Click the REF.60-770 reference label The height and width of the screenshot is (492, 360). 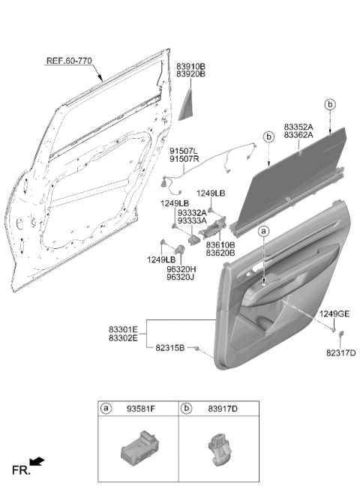click(x=69, y=61)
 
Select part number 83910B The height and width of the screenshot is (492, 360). click(x=190, y=66)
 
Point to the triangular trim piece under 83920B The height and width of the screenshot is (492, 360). click(x=186, y=104)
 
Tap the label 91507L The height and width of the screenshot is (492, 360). click(x=184, y=151)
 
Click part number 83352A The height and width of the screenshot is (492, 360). click(x=298, y=127)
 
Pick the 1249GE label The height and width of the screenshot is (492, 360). click(x=334, y=313)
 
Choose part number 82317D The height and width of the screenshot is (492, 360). click(x=340, y=353)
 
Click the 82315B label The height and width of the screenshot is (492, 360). click(x=170, y=348)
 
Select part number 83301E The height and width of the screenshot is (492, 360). click(x=123, y=329)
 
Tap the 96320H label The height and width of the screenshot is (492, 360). click(x=181, y=269)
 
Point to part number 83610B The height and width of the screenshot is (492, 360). click(x=220, y=244)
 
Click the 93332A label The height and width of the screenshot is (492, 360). click(x=192, y=213)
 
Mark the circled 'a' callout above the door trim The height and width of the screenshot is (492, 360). click(x=264, y=231)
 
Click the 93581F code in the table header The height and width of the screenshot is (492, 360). click(x=141, y=409)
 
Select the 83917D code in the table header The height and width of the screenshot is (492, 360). click(x=223, y=409)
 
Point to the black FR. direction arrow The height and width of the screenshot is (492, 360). click(x=37, y=461)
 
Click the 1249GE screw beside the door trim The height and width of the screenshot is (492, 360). click(x=333, y=329)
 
